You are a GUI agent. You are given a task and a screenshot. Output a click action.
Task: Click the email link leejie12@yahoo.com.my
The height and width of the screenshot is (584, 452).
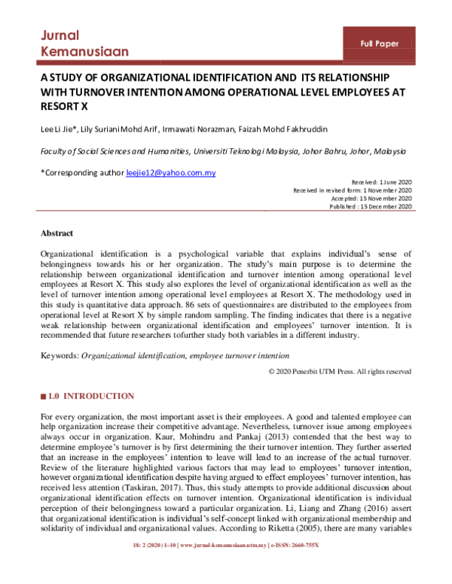(171, 173)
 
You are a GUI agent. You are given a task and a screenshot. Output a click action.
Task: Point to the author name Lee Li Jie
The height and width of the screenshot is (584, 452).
(60, 127)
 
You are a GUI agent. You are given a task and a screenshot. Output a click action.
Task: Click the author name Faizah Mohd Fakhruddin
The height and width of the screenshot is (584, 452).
(286, 127)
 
